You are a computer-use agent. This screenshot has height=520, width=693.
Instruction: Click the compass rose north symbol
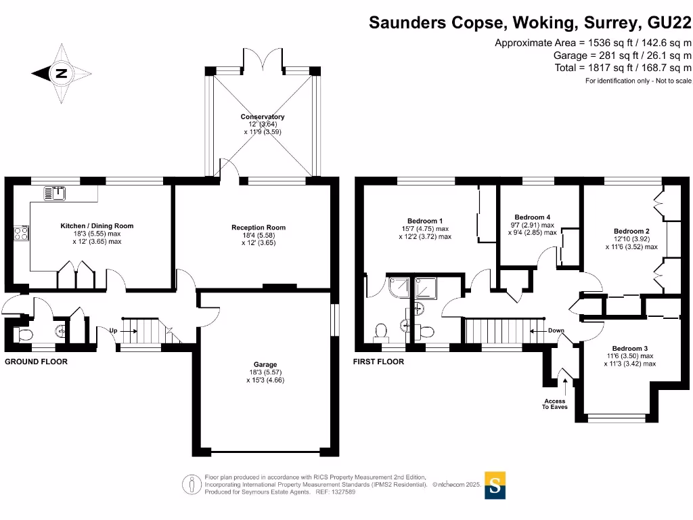tap(60, 73)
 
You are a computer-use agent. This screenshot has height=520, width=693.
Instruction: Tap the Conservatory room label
tap(263, 117)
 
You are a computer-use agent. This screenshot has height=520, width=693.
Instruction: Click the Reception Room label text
tap(259, 227)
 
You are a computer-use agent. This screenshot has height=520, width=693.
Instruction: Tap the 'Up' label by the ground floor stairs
tap(113, 331)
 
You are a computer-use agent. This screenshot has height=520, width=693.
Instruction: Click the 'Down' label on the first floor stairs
tap(556, 331)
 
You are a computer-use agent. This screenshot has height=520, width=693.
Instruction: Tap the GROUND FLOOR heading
tap(36, 362)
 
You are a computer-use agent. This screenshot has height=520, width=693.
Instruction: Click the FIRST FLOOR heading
tap(378, 362)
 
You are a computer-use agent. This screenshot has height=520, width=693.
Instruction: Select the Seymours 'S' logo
tap(495, 485)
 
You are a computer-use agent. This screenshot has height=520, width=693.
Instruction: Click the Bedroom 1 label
tap(425, 221)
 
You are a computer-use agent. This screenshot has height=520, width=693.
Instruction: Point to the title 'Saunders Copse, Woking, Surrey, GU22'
tap(529, 23)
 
